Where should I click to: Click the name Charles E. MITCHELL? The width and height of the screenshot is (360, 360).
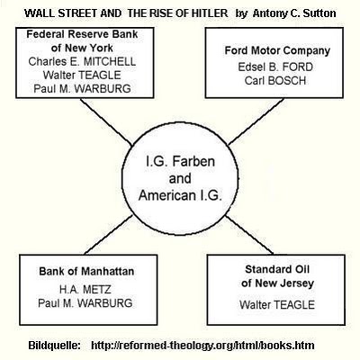(82, 62)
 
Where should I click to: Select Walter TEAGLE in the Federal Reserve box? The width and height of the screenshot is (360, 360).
(82, 75)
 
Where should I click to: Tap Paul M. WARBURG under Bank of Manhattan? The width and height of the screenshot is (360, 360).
(85, 303)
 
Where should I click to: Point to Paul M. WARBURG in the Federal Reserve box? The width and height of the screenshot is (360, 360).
(82, 88)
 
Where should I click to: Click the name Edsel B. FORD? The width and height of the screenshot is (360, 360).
(275, 67)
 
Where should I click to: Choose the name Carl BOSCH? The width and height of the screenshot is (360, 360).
(275, 81)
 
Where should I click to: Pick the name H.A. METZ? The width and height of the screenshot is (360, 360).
(85, 290)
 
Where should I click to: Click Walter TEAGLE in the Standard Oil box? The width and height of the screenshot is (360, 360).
(277, 305)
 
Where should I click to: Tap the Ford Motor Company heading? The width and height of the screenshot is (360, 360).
(277, 50)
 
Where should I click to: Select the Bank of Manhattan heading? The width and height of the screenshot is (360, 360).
(86, 272)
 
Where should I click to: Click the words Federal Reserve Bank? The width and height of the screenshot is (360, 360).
(82, 34)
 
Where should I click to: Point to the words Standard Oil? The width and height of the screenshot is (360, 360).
(277, 269)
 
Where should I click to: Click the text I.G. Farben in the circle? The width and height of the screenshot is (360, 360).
(180, 162)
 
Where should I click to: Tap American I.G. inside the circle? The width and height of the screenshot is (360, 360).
(180, 195)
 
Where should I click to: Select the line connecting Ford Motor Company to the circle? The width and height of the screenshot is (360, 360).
(256, 121)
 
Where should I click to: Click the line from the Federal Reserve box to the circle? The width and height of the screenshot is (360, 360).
(106, 122)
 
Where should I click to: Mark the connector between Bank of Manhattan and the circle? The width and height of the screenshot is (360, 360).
(109, 235)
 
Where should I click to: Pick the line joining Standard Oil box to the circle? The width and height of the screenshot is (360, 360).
(249, 235)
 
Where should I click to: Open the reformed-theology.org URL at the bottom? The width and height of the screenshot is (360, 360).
(202, 346)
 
